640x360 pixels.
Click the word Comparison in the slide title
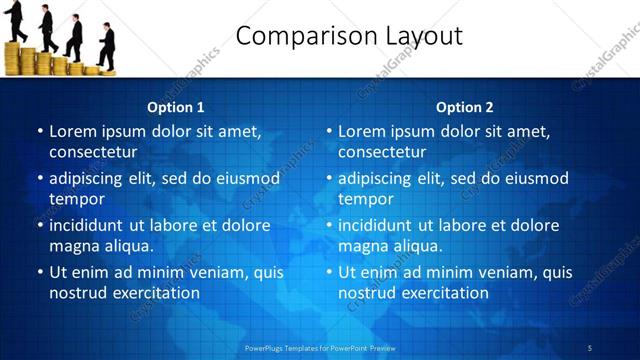tap(301, 37)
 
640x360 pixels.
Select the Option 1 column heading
tap(176, 107)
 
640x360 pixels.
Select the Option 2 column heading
tap(465, 107)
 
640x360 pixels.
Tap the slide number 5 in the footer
tap(590, 347)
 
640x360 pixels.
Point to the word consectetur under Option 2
tap(382, 152)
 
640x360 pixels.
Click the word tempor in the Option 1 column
tap(77, 199)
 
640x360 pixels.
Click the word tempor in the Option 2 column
tap(366, 199)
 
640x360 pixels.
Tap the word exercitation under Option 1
tap(155, 293)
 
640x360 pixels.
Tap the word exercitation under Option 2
tap(444, 293)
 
